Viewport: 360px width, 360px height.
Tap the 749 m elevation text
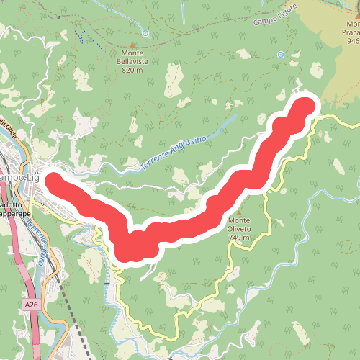[238, 237]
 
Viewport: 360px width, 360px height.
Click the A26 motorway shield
[31, 305]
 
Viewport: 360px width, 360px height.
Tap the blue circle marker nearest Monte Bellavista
[145, 33]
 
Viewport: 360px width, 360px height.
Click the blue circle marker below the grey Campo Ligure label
[280, 55]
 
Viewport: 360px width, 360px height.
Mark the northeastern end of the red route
[304, 107]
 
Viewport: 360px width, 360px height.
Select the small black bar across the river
[107, 283]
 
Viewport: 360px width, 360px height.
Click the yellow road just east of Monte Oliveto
[265, 216]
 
